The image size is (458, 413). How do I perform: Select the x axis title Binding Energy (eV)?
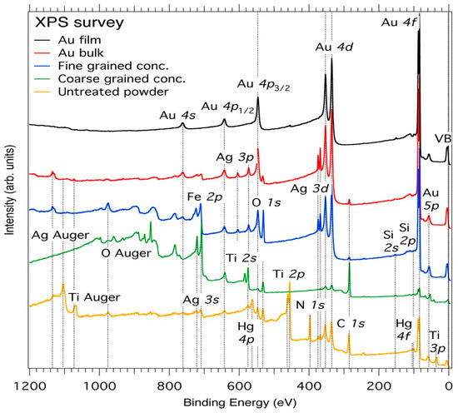coord(239,403)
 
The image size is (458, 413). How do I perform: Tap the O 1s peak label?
coord(267,202)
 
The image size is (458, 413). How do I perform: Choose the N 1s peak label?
coord(310,306)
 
